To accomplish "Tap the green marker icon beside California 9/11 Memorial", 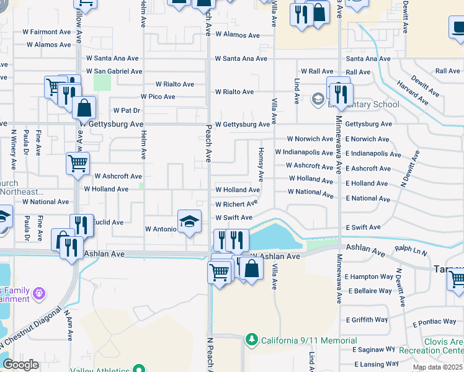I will [x=251, y=340].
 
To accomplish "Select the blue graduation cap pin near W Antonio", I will [x=189, y=221].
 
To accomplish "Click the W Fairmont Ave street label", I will [x=48, y=32].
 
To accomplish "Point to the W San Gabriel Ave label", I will [x=109, y=71].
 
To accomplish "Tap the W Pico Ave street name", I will [x=158, y=97].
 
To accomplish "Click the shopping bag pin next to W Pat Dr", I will [x=84, y=108].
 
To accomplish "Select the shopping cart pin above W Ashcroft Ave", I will [x=78, y=164].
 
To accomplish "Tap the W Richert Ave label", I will [x=236, y=204].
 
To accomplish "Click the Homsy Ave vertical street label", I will [x=262, y=164].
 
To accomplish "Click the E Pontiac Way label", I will [x=434, y=322].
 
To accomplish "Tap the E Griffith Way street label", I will [x=365, y=320].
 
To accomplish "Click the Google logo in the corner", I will [x=20, y=365].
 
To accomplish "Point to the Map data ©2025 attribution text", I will [x=437, y=368].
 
